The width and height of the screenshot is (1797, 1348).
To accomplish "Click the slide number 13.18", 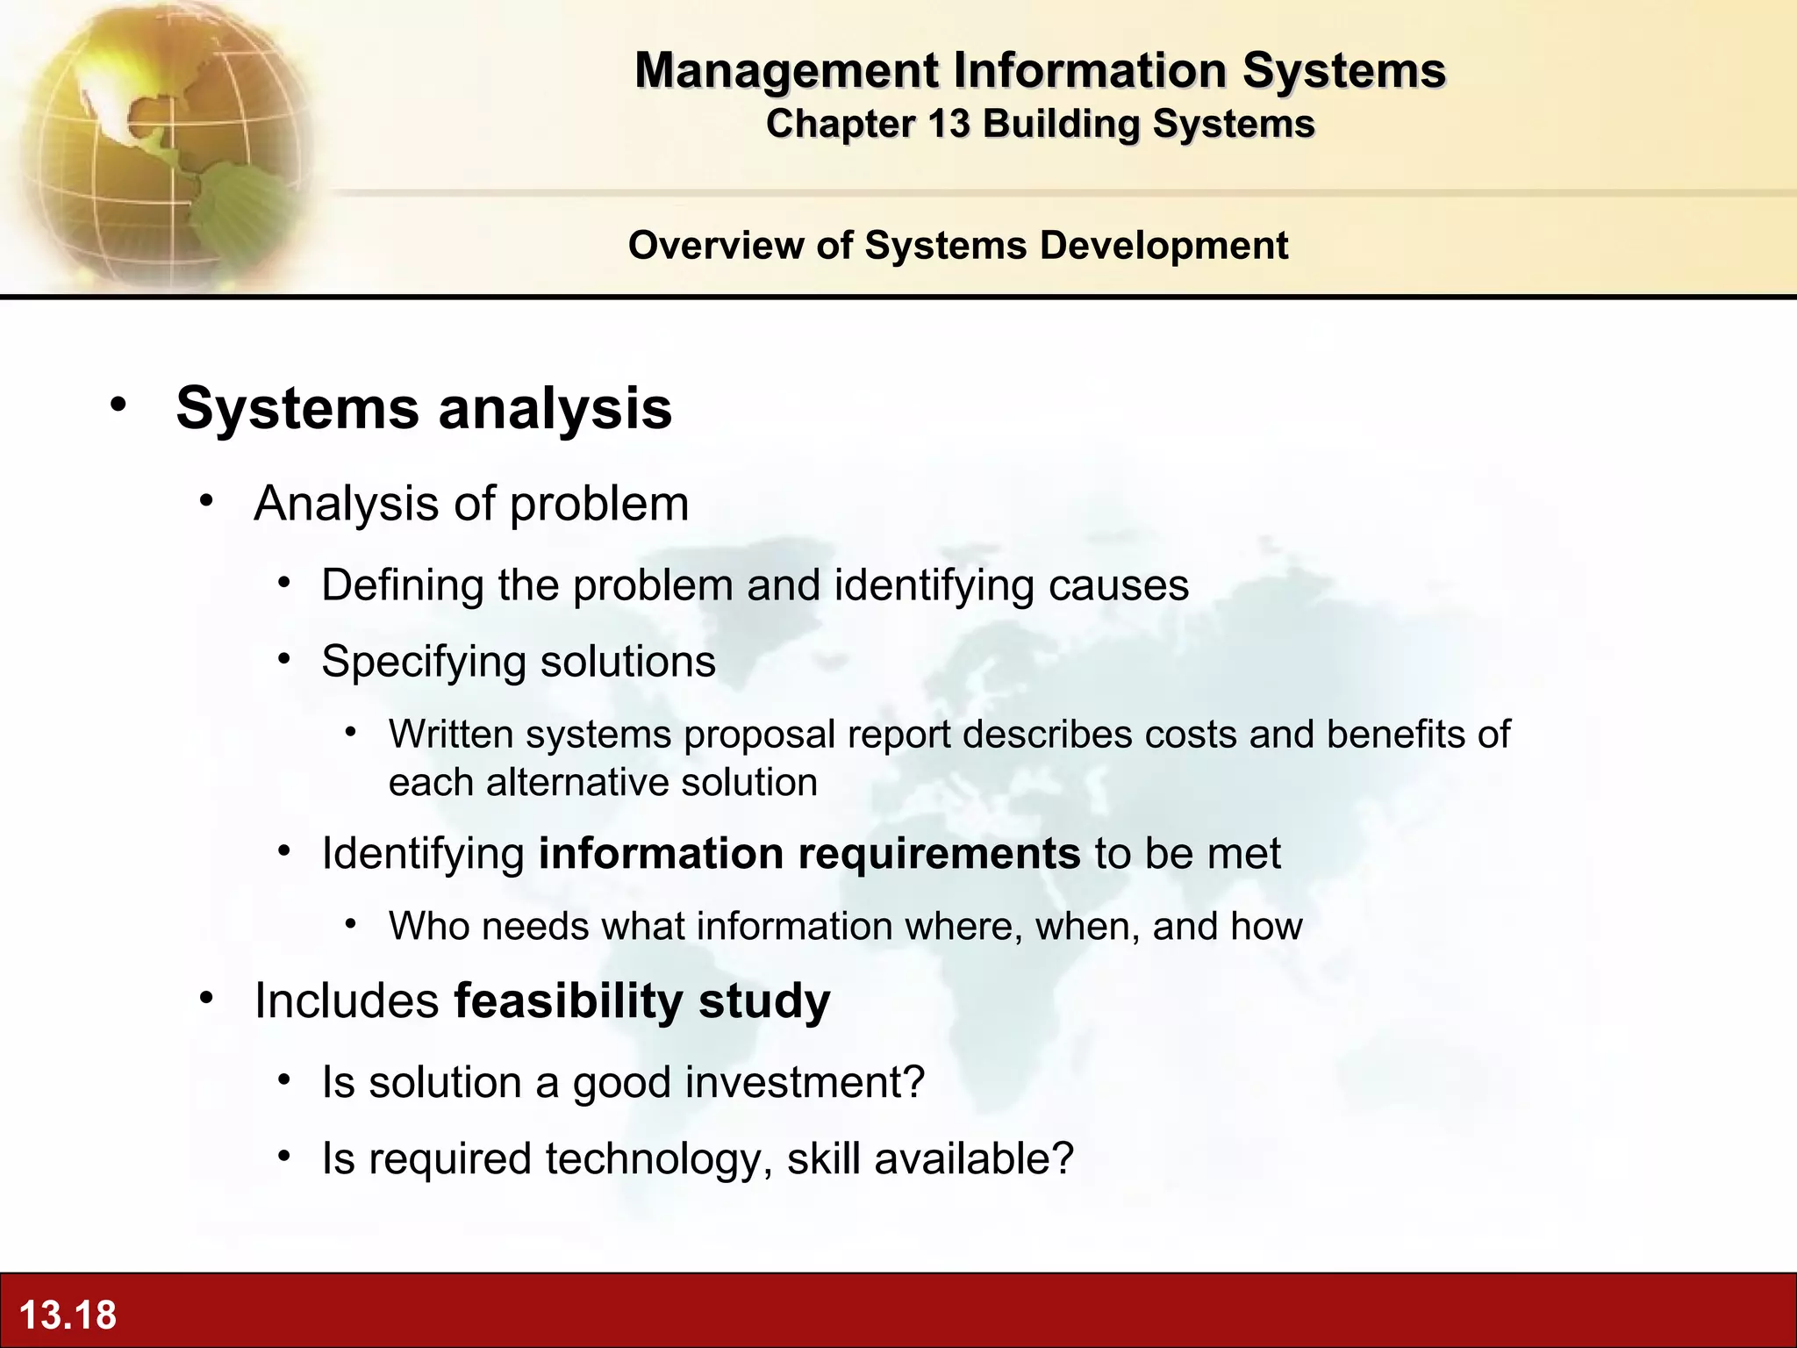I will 68,1315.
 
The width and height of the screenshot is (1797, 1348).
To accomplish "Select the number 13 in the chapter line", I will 949,124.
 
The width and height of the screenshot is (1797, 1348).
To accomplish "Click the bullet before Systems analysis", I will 118,405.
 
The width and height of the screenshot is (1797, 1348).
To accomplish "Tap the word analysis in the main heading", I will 555,408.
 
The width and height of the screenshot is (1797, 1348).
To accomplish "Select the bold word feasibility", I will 569,1000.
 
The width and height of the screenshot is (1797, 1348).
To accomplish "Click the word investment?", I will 805,1082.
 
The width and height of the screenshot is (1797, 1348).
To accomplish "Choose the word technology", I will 658,1158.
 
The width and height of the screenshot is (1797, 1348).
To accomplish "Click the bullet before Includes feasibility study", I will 206,998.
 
